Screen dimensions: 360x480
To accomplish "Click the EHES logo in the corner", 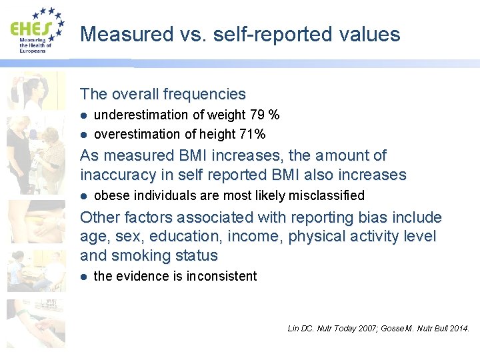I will [37, 30].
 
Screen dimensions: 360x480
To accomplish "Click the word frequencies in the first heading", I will [205, 95].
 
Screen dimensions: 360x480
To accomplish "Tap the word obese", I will [109, 195].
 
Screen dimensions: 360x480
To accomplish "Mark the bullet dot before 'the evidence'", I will [84, 276].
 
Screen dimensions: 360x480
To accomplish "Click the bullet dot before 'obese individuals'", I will [84, 195].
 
